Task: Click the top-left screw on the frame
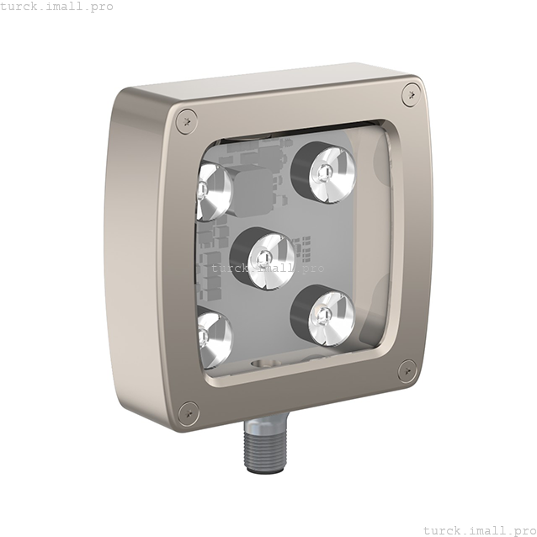186,121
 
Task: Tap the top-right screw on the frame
412,93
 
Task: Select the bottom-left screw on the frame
189,413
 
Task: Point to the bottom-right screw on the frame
407,370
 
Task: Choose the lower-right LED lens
331,318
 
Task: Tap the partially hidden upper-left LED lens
213,192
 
